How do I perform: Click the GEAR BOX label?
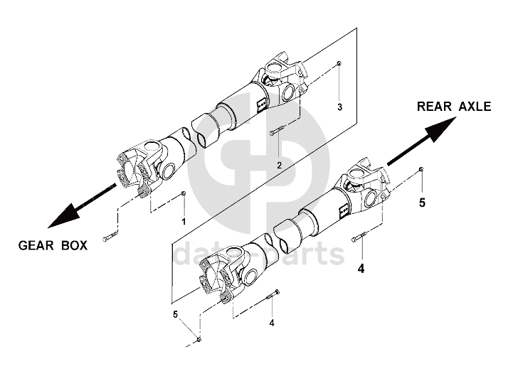[x=53, y=246]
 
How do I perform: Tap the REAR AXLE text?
[x=454, y=107]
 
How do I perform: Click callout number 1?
[x=183, y=222]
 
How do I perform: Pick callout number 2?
[x=279, y=165]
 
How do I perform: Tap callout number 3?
[x=340, y=107]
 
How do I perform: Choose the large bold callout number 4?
[x=361, y=269]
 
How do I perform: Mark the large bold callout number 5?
[x=422, y=203]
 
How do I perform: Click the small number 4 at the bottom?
[x=271, y=323]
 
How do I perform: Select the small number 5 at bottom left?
[x=175, y=313]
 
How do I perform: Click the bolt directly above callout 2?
[x=278, y=131]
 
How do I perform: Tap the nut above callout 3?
[x=339, y=64]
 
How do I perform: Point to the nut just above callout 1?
[x=184, y=193]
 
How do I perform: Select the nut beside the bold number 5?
[x=422, y=168]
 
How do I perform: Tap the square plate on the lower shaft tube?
[x=343, y=208]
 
